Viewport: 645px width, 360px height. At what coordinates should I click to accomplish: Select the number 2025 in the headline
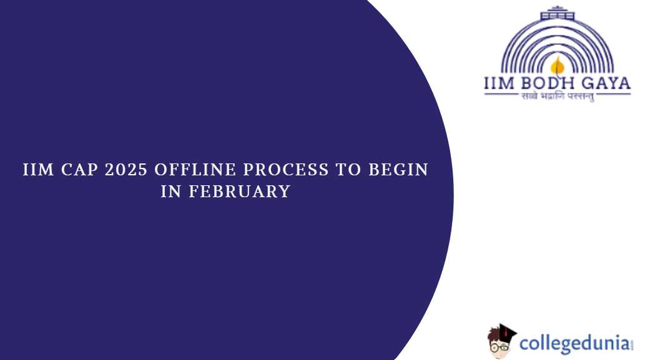tap(126, 170)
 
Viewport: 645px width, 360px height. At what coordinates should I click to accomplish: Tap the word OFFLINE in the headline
tap(195, 170)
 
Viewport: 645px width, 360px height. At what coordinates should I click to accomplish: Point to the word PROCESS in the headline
tap(286, 170)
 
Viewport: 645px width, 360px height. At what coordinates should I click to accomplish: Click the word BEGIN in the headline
tap(398, 170)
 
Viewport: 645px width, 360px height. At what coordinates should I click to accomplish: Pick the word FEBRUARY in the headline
tap(240, 192)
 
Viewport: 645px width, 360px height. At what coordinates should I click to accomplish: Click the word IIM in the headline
tap(38, 170)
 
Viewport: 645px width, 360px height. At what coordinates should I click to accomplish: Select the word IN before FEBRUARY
tap(171, 192)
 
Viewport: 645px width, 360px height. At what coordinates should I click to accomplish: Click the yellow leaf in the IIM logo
tap(558, 66)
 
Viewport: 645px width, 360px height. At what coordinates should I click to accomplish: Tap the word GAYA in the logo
tap(606, 84)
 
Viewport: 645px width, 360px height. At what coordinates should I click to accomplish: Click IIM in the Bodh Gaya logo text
tap(500, 84)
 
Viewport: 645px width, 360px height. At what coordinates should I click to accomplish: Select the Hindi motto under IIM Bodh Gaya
tap(558, 97)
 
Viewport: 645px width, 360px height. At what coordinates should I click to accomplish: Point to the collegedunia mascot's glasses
tap(500, 348)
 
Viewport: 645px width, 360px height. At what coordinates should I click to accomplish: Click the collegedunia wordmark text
tap(574, 344)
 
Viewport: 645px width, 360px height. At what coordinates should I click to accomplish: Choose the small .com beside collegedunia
tap(631, 344)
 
